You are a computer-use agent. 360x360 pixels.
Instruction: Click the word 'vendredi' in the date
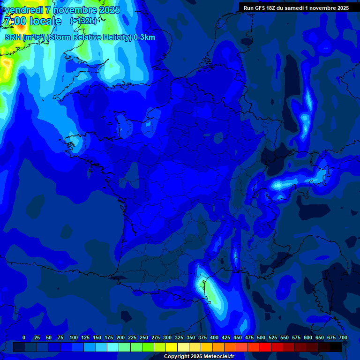[23, 10]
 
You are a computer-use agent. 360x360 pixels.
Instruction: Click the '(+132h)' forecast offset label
[83, 21]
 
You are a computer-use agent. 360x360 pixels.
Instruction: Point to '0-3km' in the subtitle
[144, 37]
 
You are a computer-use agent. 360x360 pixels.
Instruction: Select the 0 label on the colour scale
[24, 337]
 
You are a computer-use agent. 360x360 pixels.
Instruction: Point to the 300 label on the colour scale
[167, 337]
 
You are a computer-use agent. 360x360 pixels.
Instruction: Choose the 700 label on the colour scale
[343, 337]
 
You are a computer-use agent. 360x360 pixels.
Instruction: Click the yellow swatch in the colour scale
[172, 347]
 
